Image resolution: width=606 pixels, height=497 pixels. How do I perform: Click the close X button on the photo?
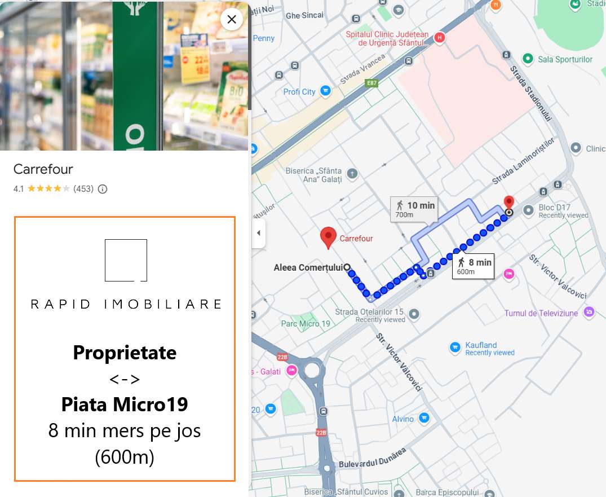231,20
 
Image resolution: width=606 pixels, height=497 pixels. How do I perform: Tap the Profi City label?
299,91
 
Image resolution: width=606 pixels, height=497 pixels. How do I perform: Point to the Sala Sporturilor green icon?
528,59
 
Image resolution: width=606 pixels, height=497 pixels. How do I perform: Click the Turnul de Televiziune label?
541,313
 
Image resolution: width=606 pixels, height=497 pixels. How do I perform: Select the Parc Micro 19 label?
306,324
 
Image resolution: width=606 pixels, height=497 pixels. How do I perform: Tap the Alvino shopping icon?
424,419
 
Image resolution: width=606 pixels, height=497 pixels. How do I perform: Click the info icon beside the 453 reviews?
103,189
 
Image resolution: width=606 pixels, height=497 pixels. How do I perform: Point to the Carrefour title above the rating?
43,169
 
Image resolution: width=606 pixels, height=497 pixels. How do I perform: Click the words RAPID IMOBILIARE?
126,305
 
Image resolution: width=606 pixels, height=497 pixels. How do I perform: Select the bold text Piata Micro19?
125,404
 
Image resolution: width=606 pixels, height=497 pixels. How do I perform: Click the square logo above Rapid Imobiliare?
126,260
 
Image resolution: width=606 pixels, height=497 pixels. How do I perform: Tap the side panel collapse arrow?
259,233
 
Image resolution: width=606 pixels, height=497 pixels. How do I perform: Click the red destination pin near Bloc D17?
509,203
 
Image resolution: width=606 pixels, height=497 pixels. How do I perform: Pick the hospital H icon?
440,38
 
